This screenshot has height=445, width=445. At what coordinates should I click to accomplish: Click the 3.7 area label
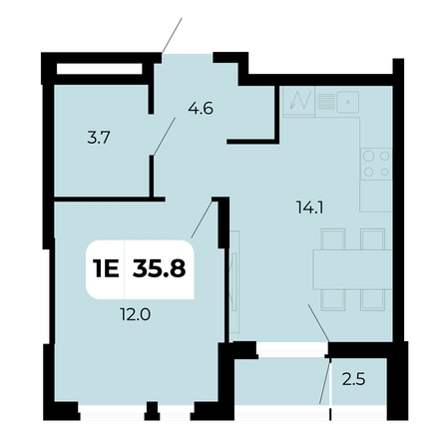99,138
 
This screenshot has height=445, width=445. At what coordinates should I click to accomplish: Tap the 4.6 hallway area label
201,109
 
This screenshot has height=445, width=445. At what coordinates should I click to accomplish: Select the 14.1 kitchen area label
309,209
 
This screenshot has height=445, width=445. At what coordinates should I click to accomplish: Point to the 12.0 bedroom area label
136,314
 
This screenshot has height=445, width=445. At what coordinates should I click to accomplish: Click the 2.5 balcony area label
354,379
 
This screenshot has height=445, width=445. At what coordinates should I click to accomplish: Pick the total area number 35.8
159,268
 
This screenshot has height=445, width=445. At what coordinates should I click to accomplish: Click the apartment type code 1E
106,268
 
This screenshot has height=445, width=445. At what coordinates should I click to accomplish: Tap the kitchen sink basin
347,102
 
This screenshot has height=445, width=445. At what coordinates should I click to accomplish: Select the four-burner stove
376,164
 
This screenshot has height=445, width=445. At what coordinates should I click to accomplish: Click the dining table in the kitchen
352,269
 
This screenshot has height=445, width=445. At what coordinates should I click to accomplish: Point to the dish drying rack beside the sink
326,102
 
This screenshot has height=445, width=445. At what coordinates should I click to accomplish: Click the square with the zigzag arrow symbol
298,101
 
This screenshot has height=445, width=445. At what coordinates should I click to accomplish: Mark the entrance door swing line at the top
173,36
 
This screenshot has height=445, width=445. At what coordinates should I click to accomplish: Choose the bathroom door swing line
164,137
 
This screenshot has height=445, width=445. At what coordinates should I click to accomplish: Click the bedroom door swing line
202,219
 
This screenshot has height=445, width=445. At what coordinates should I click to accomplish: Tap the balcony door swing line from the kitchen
318,323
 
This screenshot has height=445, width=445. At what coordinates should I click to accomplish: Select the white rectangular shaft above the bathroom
100,69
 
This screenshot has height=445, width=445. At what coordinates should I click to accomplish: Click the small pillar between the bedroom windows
153,411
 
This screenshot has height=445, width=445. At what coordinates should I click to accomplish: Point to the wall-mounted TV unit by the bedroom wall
234,282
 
